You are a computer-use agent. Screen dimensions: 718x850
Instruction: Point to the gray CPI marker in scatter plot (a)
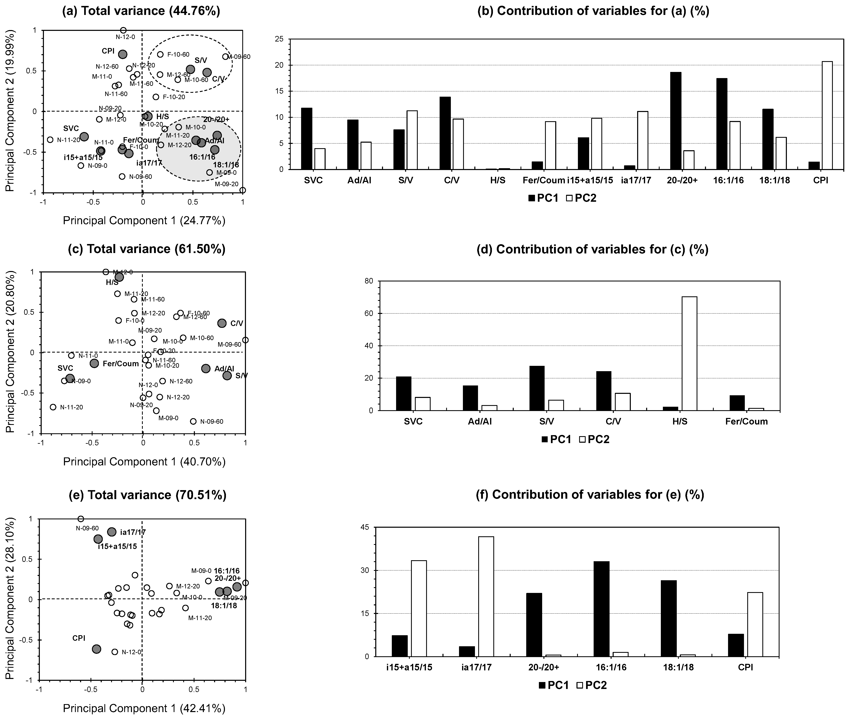click(123, 54)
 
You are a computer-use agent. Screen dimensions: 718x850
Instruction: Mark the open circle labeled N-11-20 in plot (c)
click(53, 407)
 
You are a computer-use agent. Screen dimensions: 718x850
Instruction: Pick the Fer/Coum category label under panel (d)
click(746, 421)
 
